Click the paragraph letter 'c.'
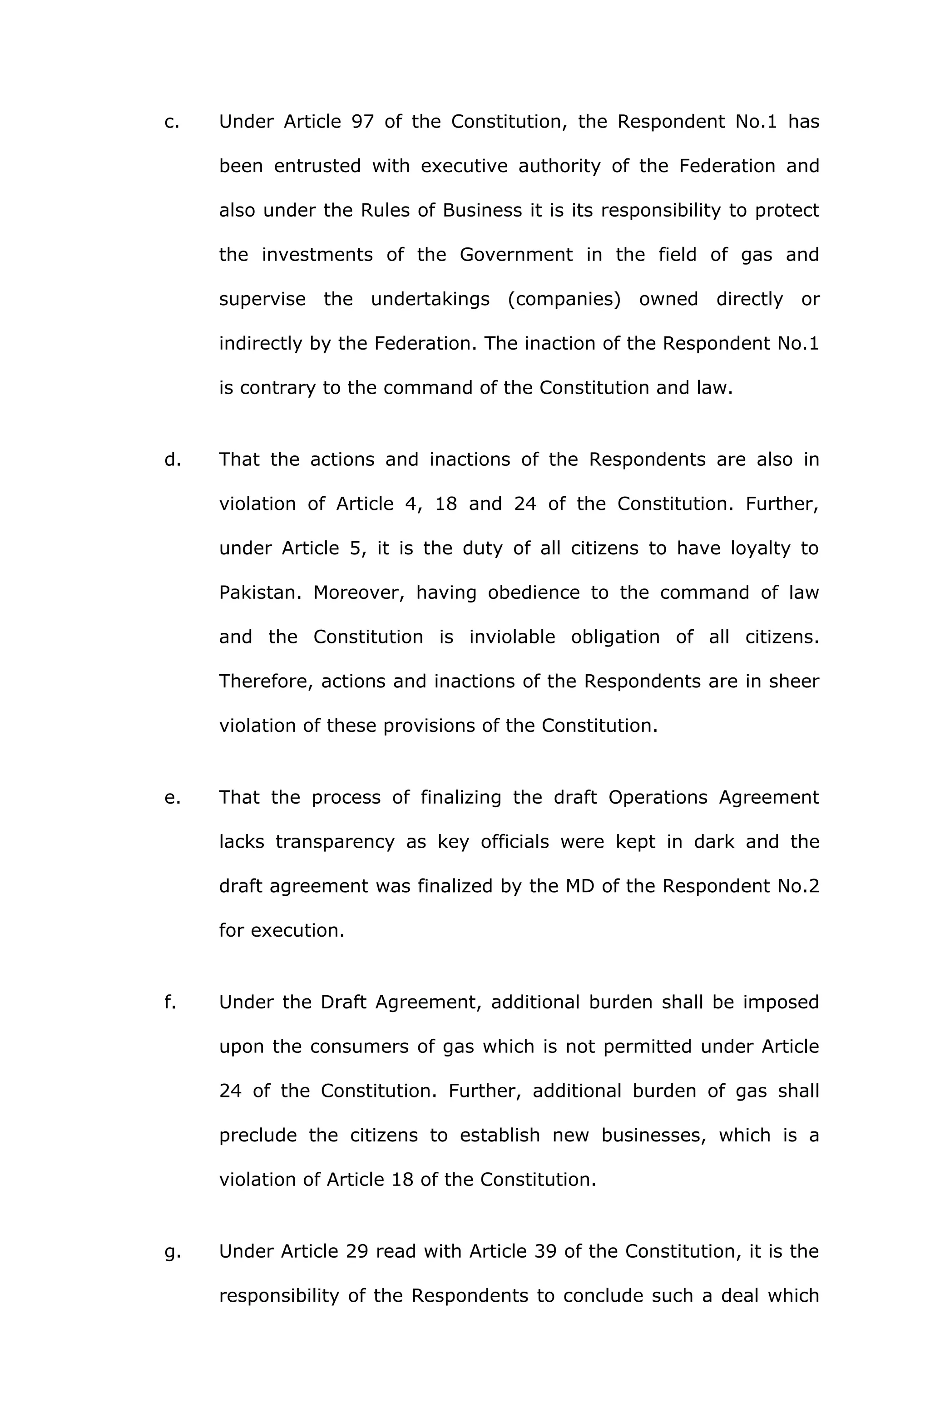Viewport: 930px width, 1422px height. tap(172, 122)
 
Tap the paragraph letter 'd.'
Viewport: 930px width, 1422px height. tap(172, 459)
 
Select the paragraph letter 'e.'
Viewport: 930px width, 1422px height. tap(172, 798)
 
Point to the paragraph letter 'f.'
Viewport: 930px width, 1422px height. tap(170, 1002)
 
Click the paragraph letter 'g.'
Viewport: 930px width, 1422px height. tap(172, 1252)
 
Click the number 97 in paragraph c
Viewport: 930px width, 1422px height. tap(362, 122)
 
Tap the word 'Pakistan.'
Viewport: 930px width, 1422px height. tap(260, 592)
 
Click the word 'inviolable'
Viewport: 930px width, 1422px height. tap(512, 637)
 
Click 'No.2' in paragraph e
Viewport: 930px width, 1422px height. tap(798, 886)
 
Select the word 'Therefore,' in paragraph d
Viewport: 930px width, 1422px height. tap(266, 682)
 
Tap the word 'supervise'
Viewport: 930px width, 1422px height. tap(262, 299)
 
